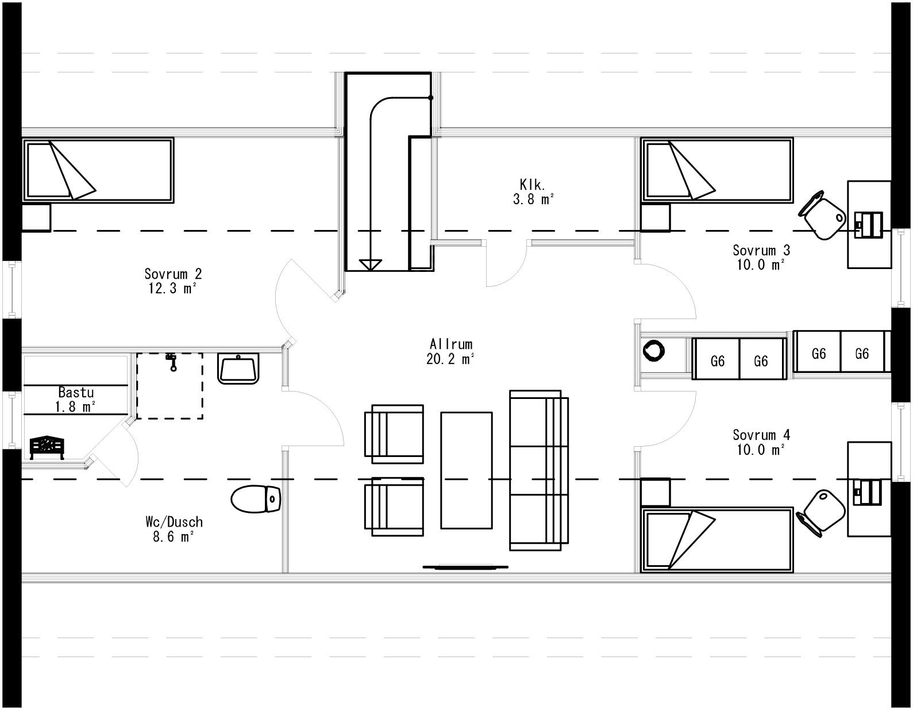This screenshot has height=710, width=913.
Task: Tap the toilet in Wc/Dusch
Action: tap(255, 499)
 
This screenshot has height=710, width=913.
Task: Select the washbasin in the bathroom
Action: tap(238, 369)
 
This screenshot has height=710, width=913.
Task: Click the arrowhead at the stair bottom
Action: tap(370, 264)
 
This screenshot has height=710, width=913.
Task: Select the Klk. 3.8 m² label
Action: tap(533, 192)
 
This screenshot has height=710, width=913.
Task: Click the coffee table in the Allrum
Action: tap(466, 470)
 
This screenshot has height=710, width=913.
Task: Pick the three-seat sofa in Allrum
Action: tap(538, 470)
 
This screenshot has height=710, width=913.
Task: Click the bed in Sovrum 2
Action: tap(98, 170)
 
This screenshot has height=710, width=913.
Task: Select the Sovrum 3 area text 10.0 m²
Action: tap(761, 265)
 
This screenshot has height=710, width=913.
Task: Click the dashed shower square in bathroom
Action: tap(169, 386)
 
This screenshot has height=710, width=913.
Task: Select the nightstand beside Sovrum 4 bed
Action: tap(656, 493)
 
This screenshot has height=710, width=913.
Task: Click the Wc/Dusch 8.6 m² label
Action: tap(174, 529)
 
